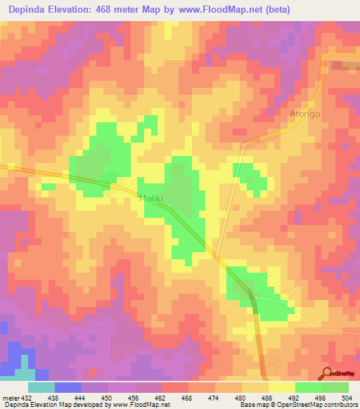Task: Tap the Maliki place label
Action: [151, 199]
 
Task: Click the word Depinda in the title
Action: [29, 9]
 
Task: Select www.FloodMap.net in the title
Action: [212, 9]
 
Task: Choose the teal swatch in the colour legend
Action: [41, 387]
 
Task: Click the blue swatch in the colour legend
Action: [68, 387]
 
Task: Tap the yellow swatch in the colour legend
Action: [282, 387]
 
